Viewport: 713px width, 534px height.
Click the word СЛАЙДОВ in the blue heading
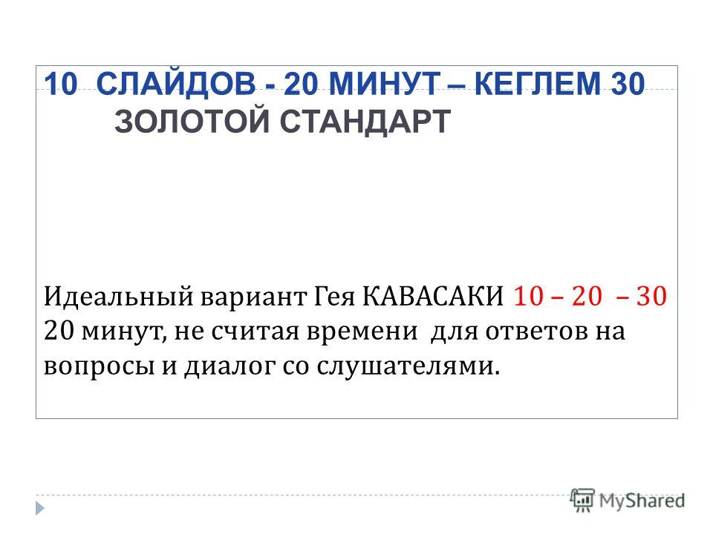(x=176, y=84)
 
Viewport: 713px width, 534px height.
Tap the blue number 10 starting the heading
(x=61, y=84)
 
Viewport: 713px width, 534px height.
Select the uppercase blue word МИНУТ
(x=384, y=84)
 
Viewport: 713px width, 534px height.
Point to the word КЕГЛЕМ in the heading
(x=537, y=84)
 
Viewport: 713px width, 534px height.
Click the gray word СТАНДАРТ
(x=365, y=122)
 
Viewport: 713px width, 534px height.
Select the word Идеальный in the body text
(x=119, y=296)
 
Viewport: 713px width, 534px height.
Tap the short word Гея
(x=334, y=297)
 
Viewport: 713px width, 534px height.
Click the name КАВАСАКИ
(x=433, y=296)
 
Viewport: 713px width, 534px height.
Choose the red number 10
(x=528, y=296)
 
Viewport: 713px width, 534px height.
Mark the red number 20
(x=587, y=296)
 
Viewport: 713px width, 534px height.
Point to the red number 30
(x=651, y=296)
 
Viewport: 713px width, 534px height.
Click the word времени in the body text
(x=362, y=332)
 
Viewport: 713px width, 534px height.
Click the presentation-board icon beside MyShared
(x=582, y=500)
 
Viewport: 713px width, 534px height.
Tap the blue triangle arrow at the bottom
(x=40, y=507)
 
